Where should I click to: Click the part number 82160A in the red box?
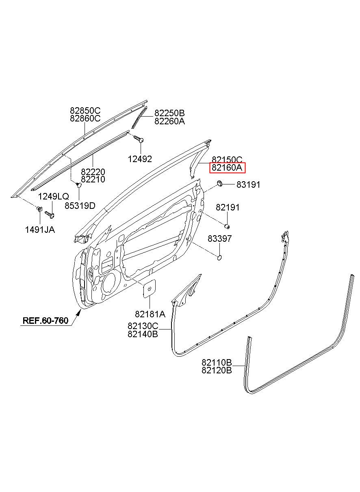click(227, 168)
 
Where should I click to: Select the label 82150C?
click(227, 159)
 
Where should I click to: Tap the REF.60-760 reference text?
click(46, 321)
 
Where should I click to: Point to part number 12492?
click(140, 159)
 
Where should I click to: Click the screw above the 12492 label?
click(139, 139)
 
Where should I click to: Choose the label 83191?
click(248, 185)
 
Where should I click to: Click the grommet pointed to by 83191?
click(219, 183)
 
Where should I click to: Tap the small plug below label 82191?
click(227, 226)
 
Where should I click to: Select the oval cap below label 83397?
click(219, 258)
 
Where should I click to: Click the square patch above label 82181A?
click(150, 288)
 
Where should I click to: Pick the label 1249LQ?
click(54, 196)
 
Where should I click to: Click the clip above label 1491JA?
click(39, 209)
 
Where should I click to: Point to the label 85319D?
click(80, 206)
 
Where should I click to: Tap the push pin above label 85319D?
click(78, 185)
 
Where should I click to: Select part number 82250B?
click(169, 113)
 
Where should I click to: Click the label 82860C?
click(85, 118)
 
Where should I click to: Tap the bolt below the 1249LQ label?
click(50, 214)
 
